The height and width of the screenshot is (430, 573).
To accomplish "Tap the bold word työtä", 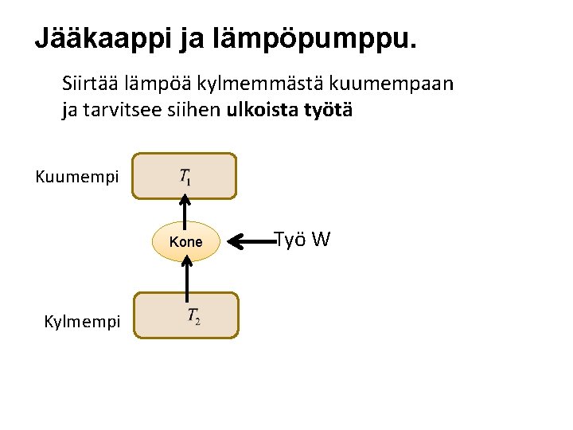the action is click(x=326, y=111).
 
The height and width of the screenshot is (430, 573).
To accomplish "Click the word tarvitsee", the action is click(x=122, y=111).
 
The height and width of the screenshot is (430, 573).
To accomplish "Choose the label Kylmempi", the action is click(x=83, y=322).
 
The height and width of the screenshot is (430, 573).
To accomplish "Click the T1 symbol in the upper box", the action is click(x=185, y=177).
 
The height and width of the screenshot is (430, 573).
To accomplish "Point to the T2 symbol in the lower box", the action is click(x=193, y=316).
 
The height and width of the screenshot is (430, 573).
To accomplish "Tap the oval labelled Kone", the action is click(x=185, y=241).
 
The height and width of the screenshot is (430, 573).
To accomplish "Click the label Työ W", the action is click(x=302, y=239).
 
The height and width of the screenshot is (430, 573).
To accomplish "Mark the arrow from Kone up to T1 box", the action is click(x=185, y=210).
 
